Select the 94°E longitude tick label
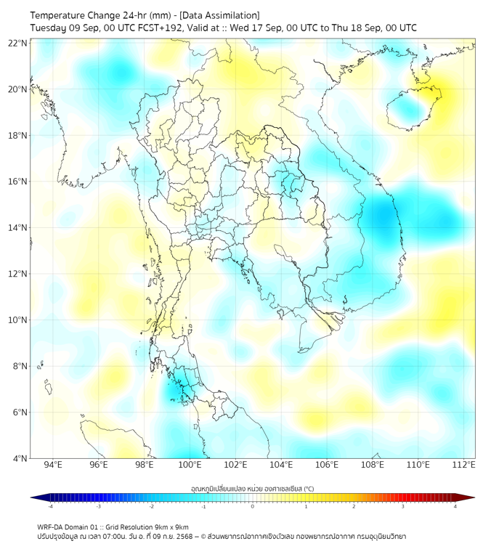(x=53, y=465)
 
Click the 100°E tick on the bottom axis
(x=190, y=465)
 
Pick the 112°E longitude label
(x=463, y=465)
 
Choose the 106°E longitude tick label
(x=327, y=465)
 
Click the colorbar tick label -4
(x=50, y=506)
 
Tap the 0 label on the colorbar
(x=253, y=506)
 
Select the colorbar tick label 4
(x=455, y=506)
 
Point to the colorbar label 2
(x=354, y=506)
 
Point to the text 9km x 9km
(x=169, y=526)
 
